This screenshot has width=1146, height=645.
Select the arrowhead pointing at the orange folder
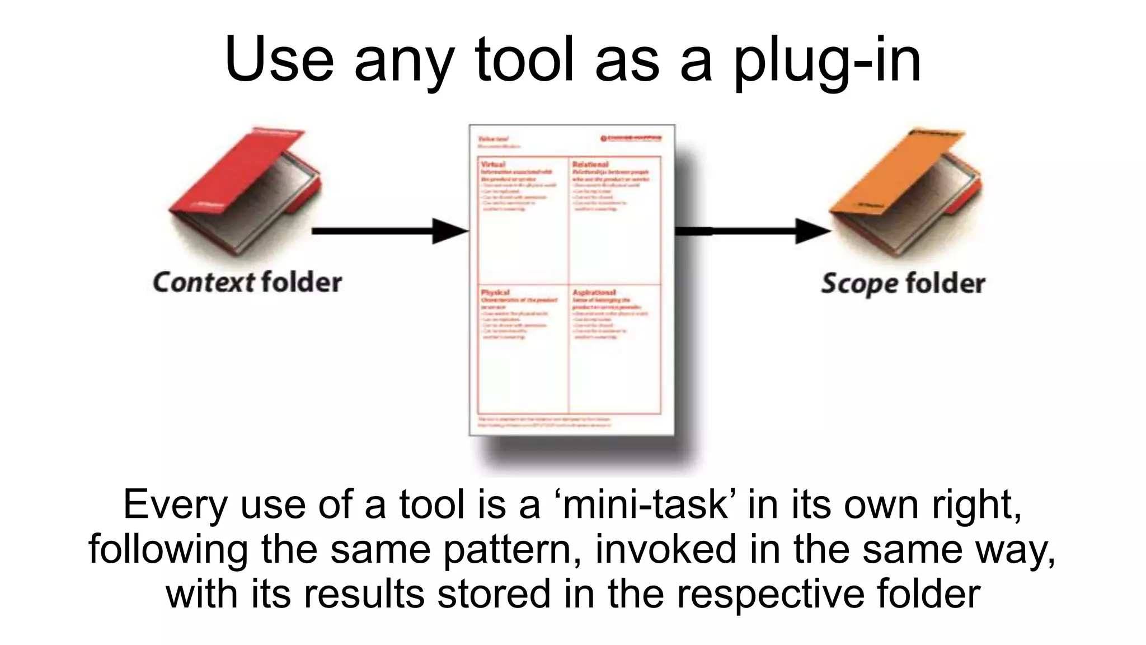coord(812,231)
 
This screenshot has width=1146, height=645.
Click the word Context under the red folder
coord(204,282)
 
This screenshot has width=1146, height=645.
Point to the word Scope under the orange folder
coord(860,283)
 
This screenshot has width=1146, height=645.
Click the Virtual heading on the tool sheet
coord(493,165)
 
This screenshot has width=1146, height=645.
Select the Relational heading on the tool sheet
coord(590,165)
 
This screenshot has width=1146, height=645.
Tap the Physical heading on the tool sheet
coord(495,292)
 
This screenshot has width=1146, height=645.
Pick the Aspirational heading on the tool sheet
coord(594,292)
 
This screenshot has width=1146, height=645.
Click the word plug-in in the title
coord(827,60)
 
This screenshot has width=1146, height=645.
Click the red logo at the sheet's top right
coord(631,138)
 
